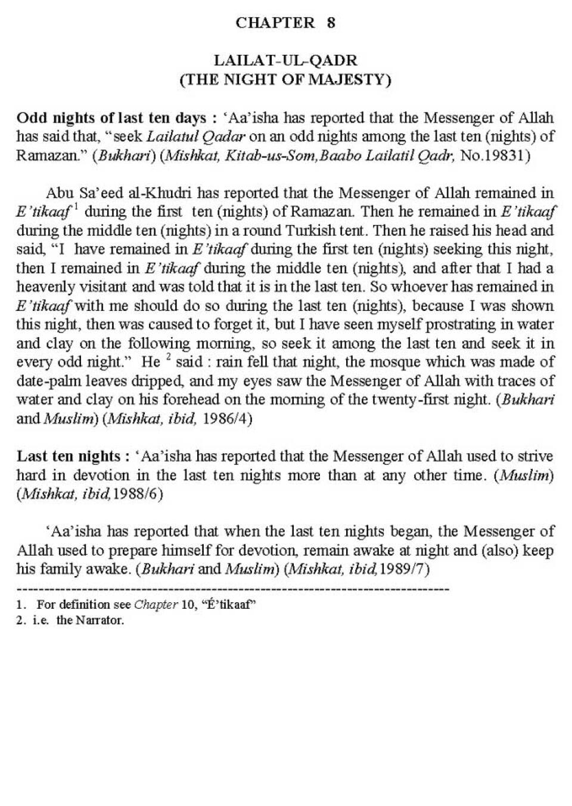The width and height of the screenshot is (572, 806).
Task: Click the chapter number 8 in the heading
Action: pyautogui.click(x=331, y=23)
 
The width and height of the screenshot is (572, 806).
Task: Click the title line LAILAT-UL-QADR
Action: pyautogui.click(x=285, y=60)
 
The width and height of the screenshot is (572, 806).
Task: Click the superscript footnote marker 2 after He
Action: pyautogui.click(x=169, y=357)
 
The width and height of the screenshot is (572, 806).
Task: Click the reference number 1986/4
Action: pyautogui.click(x=228, y=419)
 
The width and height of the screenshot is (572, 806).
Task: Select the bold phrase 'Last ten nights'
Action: pyautogui.click(x=69, y=456)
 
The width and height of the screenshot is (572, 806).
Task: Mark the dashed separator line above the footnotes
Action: pyautogui.click(x=232, y=589)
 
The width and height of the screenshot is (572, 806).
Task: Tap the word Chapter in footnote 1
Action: pyautogui.click(x=156, y=605)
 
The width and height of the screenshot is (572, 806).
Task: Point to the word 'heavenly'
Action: pyautogui.click(x=42, y=287)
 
